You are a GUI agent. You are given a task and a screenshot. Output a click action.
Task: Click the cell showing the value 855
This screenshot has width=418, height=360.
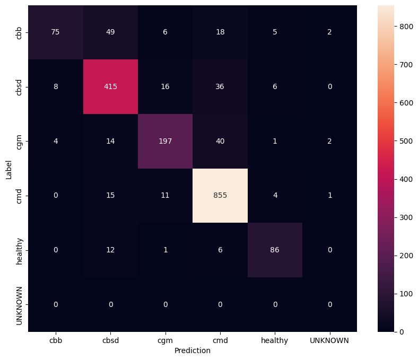point(220,196)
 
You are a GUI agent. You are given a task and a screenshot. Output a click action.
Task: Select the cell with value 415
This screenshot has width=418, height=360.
point(110,87)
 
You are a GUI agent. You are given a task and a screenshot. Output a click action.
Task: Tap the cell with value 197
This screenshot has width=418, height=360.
point(165,141)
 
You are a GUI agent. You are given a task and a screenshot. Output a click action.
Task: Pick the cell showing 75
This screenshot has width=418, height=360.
point(56,32)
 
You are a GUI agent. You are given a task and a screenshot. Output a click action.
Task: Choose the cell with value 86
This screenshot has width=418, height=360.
point(275,250)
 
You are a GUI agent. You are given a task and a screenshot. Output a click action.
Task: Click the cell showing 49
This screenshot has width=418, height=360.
point(110,32)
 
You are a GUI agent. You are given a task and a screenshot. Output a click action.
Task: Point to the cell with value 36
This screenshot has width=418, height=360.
point(220,87)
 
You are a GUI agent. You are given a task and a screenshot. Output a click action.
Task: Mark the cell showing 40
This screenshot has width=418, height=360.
point(220,141)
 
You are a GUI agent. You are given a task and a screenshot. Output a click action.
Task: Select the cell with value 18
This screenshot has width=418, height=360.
point(220,32)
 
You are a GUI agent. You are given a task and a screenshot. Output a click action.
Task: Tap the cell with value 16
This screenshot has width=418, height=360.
point(165,87)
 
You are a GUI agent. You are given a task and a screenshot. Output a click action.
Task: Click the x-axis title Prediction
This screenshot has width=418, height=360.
point(193,350)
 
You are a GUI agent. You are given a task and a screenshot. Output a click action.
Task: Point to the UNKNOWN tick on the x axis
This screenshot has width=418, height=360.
point(330,340)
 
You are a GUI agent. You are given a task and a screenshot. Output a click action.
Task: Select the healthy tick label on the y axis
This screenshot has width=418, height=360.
point(20,250)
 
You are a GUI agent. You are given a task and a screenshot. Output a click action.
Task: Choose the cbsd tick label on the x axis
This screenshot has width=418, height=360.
point(110,340)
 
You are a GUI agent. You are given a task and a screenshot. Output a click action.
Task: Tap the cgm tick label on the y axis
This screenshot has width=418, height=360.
point(20,141)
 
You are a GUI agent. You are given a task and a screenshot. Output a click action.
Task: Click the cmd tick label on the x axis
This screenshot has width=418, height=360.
point(220,340)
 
